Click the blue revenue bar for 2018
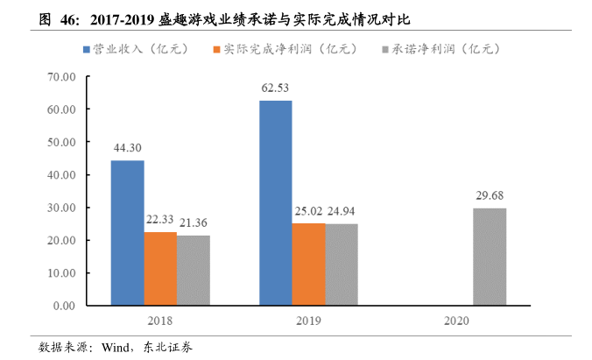coord(127,233)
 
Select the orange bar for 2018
coord(160,268)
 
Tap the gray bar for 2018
coord(193,270)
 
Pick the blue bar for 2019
coord(275,203)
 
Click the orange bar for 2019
coord(308,264)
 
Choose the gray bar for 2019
coord(341,264)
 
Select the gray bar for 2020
coord(490,257)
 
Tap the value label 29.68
coord(490,195)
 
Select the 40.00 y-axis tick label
coord(63,174)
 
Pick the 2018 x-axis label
coord(159,321)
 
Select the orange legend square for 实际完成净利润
coord(216,48)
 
